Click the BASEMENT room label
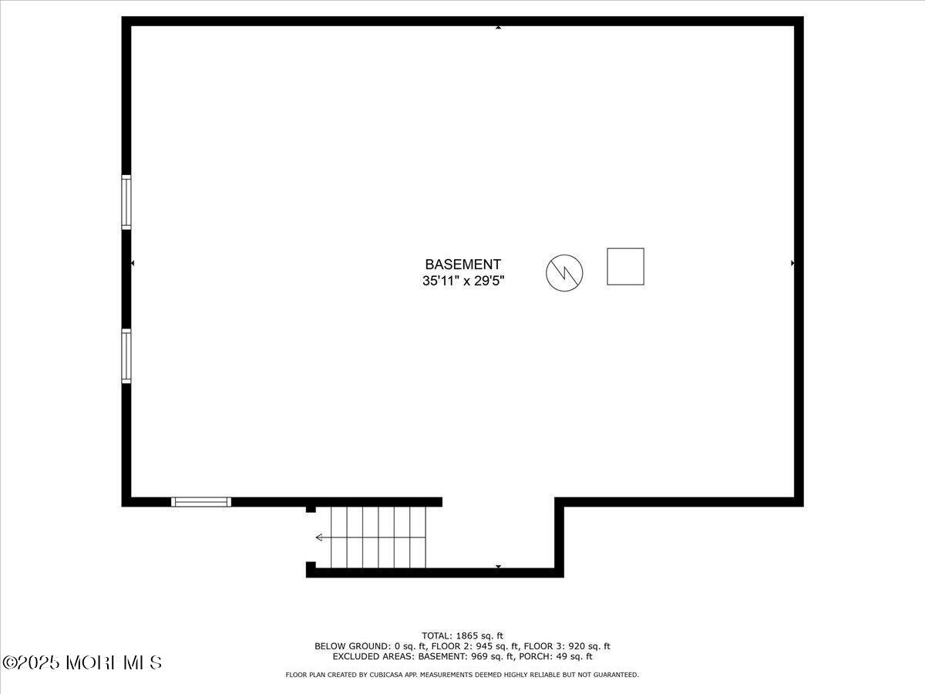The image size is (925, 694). [x=462, y=264]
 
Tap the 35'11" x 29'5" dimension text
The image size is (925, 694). [x=462, y=281]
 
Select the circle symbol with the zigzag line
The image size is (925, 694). [x=564, y=272]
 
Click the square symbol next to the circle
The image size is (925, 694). [x=625, y=267]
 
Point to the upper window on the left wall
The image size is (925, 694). [x=126, y=202]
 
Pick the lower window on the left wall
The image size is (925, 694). [x=126, y=356]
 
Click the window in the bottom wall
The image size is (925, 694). [x=201, y=502]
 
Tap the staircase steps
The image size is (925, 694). [x=378, y=537]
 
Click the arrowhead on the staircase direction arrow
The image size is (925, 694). [x=318, y=537]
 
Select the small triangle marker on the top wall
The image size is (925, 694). [x=498, y=28]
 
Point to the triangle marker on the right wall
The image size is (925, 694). [x=792, y=264]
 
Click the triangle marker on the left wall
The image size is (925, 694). [x=133, y=264]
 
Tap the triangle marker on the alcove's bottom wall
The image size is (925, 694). [x=498, y=568]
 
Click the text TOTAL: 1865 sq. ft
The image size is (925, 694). [x=462, y=635]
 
